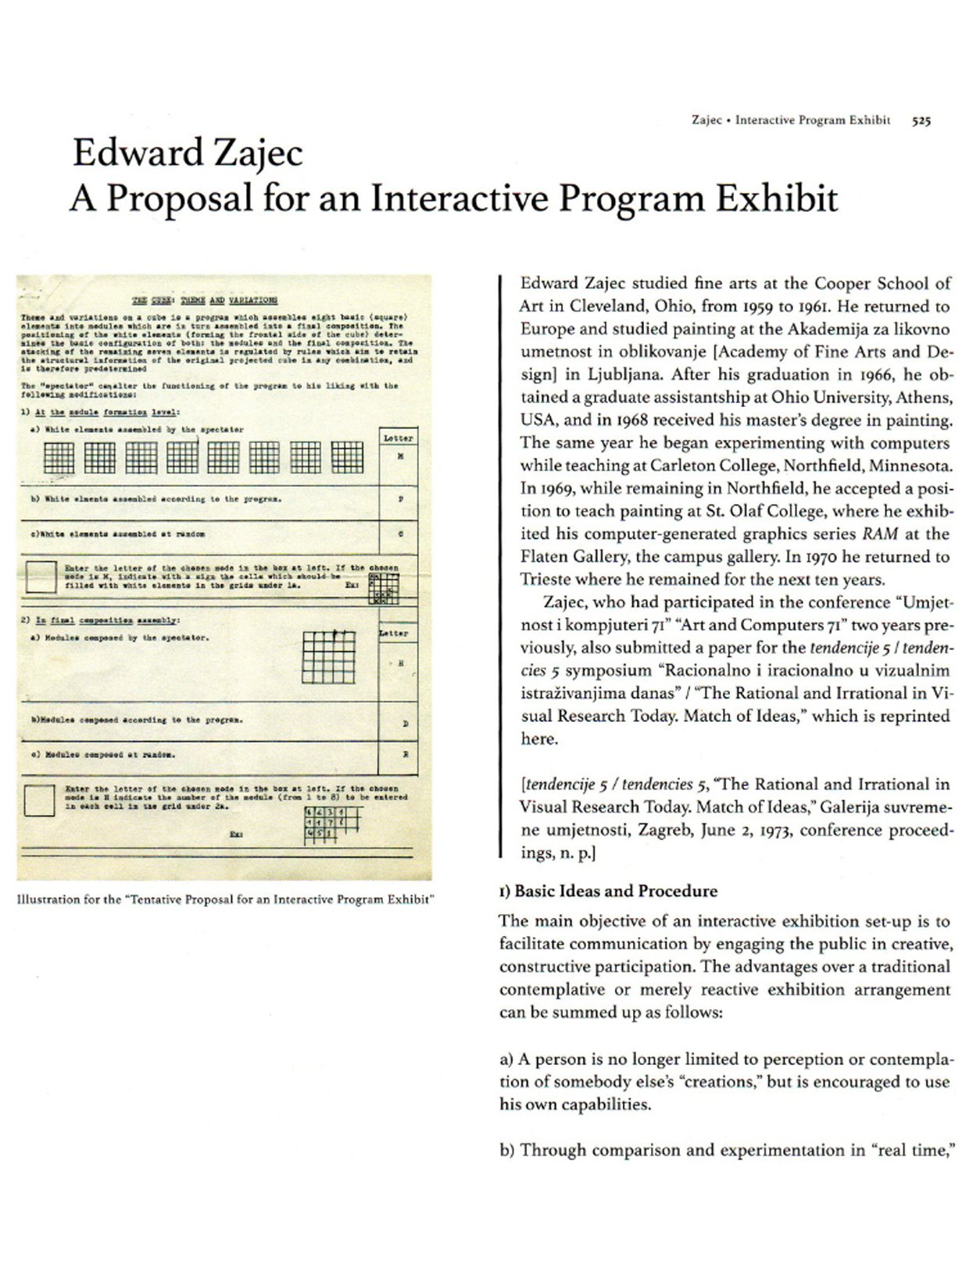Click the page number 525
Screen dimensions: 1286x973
(921, 120)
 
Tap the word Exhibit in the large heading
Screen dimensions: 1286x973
(777, 198)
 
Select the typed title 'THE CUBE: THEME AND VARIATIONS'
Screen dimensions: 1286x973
(204, 300)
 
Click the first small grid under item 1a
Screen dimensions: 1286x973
(59, 457)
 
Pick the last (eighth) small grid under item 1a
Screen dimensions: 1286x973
(346, 457)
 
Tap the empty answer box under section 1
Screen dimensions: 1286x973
(41, 576)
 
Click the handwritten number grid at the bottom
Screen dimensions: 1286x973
(331, 825)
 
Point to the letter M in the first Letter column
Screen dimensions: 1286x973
(400, 456)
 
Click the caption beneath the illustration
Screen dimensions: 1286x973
(224, 899)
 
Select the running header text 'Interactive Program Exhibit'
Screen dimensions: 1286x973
(812, 120)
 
